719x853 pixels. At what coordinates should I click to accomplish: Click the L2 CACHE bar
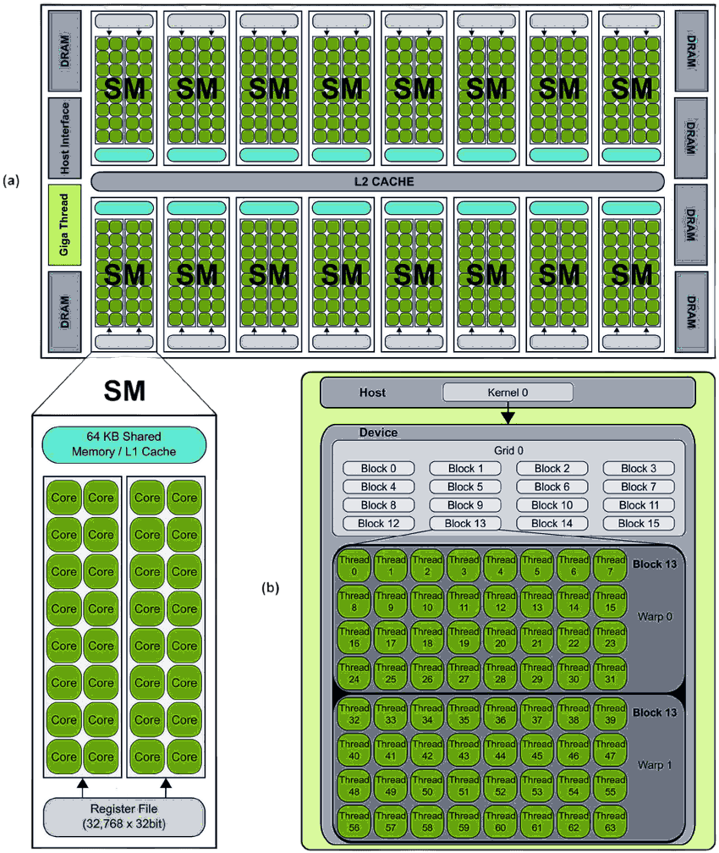point(377,181)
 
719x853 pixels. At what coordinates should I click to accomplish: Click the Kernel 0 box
point(508,393)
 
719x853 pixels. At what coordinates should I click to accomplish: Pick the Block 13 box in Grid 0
point(464,523)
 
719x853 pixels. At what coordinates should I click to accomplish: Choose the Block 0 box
point(378,468)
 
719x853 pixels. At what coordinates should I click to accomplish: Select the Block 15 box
point(638,523)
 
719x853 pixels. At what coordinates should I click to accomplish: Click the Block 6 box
point(552,487)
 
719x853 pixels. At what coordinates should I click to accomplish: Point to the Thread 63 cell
point(609,821)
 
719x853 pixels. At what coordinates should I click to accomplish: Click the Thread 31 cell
point(609,673)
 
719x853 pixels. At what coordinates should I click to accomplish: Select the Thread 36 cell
point(500,713)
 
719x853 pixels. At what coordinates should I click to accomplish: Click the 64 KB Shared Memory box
point(123,444)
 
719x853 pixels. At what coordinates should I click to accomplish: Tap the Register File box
point(123,815)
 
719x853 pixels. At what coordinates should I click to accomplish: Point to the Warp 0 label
point(655,616)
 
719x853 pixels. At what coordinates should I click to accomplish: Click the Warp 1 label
point(655,765)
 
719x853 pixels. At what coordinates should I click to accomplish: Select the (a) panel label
point(11,180)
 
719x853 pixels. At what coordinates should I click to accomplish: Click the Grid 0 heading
point(508,451)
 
